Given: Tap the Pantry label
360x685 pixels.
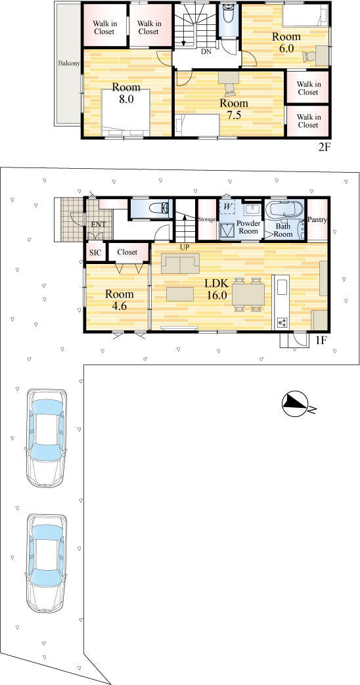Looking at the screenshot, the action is click(317, 220).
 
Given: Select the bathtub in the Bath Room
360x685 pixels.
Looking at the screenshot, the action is click(283, 210).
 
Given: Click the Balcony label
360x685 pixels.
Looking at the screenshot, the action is click(69, 63).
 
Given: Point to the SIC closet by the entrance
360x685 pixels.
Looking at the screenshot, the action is click(95, 252).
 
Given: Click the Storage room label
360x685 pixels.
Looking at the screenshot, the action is click(207, 219).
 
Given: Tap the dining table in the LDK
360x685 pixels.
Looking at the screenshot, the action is click(248, 294).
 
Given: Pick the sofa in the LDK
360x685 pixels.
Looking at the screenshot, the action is click(180, 263).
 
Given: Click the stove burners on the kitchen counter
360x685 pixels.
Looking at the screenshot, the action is click(282, 323).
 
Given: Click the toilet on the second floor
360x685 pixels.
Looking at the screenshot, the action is click(227, 16).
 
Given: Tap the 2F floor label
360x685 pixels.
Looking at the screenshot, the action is click(324, 147).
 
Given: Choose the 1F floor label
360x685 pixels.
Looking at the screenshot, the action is click(321, 341).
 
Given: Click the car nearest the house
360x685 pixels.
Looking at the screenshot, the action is click(46, 437).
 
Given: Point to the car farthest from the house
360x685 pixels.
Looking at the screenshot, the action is click(46, 563).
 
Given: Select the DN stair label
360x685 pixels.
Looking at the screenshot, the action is click(206, 51).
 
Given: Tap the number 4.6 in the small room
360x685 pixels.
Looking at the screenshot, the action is click(119, 306).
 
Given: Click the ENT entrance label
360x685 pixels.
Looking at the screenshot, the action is click(99, 225).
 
